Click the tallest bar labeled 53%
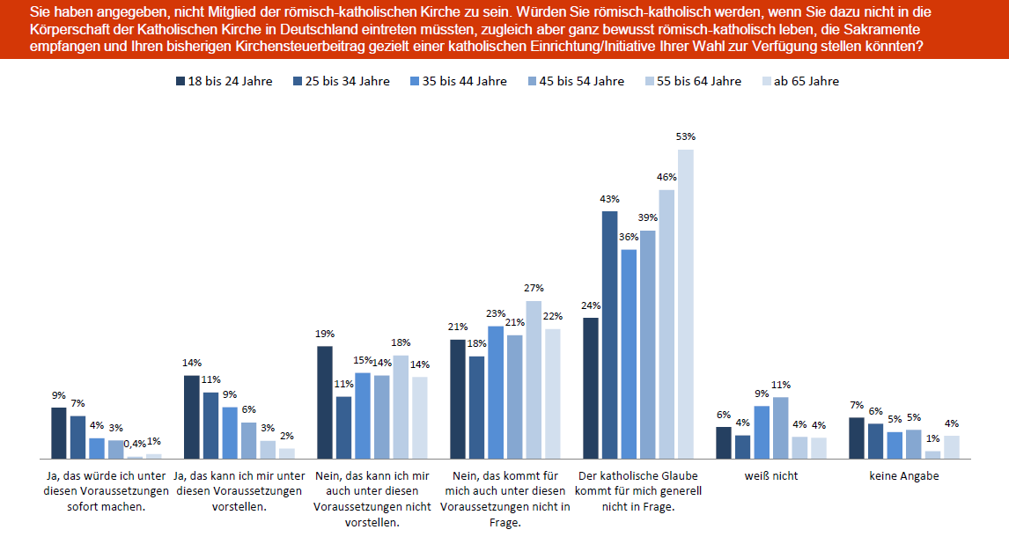pos(686,304)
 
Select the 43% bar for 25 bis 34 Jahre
pos(610,335)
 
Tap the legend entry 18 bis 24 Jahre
pos(225,81)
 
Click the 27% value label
pos(534,288)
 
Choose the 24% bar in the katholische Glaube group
pos(591,388)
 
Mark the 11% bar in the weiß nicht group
pos(781,428)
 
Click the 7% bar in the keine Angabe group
pos(857,438)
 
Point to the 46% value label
pos(667,177)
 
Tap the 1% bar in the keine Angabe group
pos(932,454)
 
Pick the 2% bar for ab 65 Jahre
pos(286,453)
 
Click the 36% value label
pos(629,237)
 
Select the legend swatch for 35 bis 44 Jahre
pos(416,81)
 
